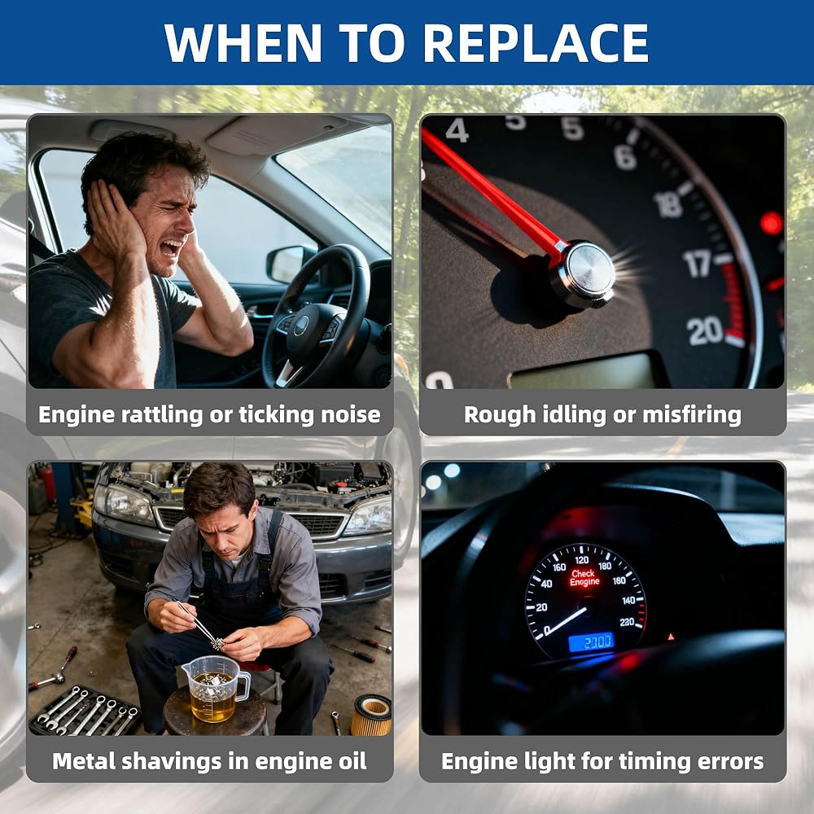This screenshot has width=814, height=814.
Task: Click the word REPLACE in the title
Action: tap(536, 43)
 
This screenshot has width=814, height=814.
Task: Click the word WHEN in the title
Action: tap(243, 43)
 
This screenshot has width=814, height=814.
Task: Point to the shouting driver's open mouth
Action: tap(171, 249)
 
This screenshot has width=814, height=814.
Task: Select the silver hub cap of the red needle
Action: tap(583, 274)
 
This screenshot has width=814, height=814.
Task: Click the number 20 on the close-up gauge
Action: tap(704, 330)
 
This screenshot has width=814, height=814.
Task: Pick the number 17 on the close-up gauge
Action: tap(698, 263)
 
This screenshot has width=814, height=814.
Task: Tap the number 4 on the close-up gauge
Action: tap(457, 129)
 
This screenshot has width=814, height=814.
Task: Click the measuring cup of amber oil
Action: tap(214, 689)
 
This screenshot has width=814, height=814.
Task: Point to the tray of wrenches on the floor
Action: tap(84, 711)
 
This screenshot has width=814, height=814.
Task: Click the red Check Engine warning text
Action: tap(584, 578)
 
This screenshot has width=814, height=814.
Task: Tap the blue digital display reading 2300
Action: tap(592, 642)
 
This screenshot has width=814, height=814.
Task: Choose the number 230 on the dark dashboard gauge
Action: tap(627, 622)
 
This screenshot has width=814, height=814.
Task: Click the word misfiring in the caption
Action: tap(692, 415)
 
